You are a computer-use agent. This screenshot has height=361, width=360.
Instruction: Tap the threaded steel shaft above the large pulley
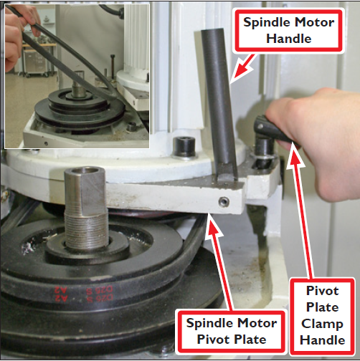click(x=84, y=208)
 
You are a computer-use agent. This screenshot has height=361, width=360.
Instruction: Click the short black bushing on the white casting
click(x=185, y=145)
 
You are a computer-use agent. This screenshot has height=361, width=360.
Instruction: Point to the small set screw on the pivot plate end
click(x=225, y=203)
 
